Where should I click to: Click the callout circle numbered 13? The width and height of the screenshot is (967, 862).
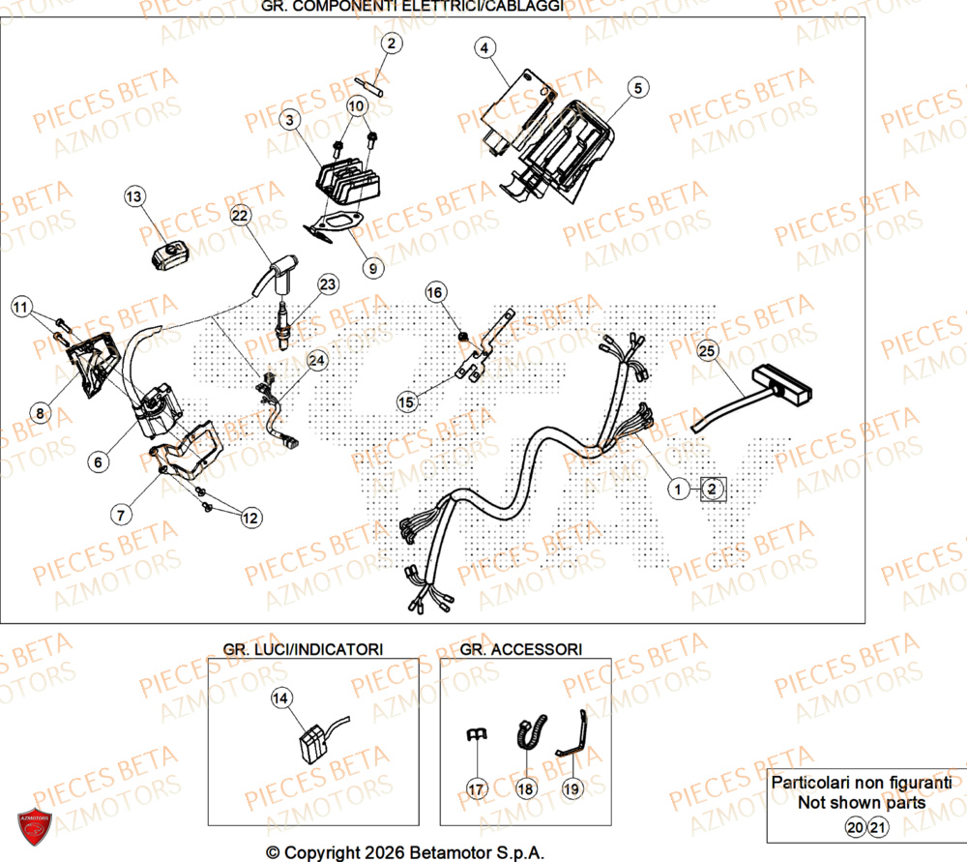133,197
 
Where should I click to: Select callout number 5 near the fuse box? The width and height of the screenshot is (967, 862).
636,88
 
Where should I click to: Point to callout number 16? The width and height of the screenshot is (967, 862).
434,291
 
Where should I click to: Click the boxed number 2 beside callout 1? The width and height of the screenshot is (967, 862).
711,490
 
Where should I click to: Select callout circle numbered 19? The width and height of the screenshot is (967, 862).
571,789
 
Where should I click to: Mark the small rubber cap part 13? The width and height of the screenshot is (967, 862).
166,255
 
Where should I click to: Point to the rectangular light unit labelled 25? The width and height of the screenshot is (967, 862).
783,384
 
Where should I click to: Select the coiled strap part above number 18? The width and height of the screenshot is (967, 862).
530,737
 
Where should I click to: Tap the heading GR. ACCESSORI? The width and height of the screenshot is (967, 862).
521,648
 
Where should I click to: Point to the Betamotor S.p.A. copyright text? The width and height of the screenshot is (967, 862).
405,852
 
